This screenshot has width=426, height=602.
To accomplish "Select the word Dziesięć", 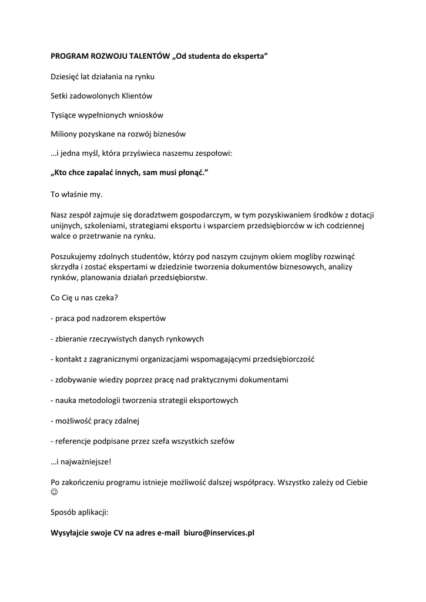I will pos(66,76).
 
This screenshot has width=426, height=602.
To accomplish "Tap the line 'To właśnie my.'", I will pos(77,194).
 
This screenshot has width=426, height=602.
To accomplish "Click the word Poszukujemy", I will pos(75,257).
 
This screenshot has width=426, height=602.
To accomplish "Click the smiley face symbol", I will pos(55,493).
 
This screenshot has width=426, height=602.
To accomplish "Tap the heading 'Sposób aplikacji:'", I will pos(79,513).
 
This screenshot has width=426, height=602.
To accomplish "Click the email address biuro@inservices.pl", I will pos(219,533).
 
